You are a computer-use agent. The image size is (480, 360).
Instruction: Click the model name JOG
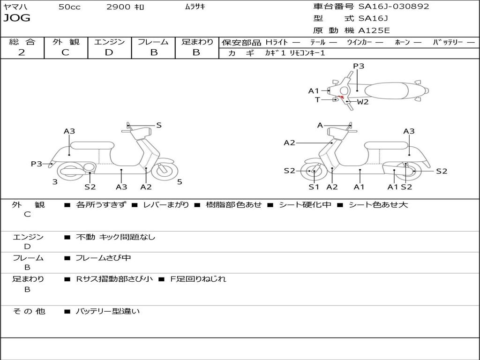(17, 18)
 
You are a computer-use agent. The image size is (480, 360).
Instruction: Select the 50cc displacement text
(69, 7)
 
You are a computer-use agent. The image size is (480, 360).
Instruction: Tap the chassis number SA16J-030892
(394, 7)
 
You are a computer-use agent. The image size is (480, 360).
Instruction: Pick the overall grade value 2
(22, 52)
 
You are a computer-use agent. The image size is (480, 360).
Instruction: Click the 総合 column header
(22, 42)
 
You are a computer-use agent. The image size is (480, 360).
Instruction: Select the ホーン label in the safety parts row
(402, 42)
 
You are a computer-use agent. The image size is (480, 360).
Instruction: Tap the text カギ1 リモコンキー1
(295, 53)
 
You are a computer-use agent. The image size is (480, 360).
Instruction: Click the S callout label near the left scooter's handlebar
(159, 125)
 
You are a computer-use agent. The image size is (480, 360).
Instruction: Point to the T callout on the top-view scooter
(317, 99)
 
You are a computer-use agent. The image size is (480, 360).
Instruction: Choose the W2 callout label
(363, 102)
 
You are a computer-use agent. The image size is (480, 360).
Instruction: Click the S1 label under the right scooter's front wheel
(314, 187)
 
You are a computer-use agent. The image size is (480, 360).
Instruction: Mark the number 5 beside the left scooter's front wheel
(180, 182)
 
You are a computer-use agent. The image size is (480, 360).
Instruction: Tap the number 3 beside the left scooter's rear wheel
(55, 182)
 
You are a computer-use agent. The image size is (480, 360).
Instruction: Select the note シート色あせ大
(378, 205)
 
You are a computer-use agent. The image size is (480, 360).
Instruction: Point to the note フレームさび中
(103, 258)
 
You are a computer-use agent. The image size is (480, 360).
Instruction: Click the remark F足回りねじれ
(197, 279)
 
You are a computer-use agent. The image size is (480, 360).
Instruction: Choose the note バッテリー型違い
(108, 311)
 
